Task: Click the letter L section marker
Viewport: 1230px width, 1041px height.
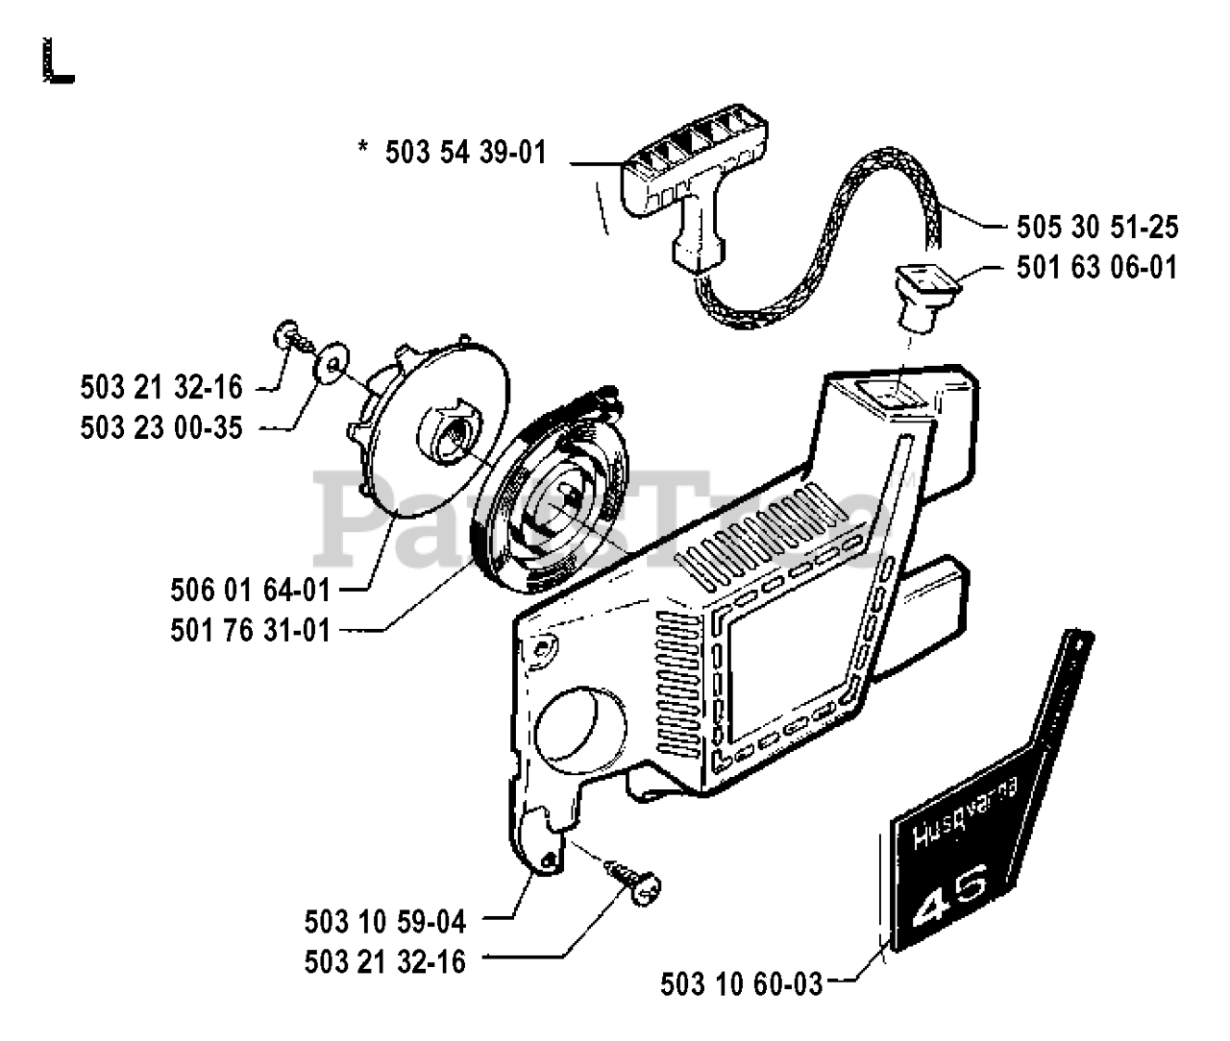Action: click(59, 61)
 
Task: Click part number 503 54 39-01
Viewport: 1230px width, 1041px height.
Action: click(465, 153)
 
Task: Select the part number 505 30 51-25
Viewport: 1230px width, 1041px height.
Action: click(1097, 228)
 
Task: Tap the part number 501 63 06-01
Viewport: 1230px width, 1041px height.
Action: click(1096, 267)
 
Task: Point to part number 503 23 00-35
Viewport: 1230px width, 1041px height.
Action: click(161, 427)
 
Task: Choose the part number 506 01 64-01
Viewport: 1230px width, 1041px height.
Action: click(250, 591)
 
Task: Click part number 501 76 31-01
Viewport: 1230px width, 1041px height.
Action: click(250, 631)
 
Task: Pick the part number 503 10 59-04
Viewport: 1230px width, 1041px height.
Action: click(385, 923)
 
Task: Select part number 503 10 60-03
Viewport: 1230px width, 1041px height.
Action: click(742, 984)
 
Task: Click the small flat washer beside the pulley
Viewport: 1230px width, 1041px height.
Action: click(332, 362)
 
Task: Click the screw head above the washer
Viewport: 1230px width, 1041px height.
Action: click(285, 334)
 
